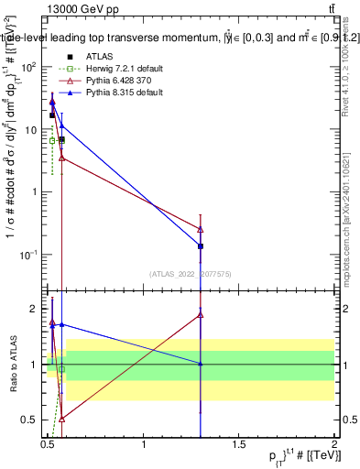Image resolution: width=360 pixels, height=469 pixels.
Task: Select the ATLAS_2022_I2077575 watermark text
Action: (x=191, y=274)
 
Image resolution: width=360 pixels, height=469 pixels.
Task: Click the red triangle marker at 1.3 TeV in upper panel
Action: (x=201, y=229)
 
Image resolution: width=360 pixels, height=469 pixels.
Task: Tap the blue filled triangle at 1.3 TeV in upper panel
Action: (x=201, y=245)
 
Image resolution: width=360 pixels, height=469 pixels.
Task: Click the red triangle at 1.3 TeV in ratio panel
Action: (x=201, y=314)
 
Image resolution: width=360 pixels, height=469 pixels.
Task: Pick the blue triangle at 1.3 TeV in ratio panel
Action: (x=201, y=364)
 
